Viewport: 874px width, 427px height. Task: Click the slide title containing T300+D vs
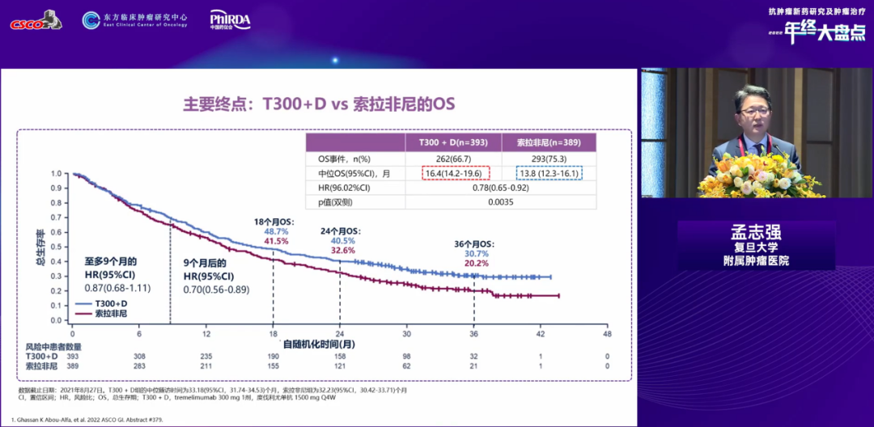[319, 105]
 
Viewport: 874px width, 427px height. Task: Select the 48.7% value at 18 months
[277, 231]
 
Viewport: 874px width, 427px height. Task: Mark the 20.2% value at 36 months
[477, 263]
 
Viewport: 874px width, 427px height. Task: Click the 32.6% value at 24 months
[343, 251]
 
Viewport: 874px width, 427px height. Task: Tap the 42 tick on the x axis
[541, 334]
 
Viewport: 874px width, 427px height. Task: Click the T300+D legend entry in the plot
[100, 303]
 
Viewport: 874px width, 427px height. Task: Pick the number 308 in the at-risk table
[139, 356]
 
